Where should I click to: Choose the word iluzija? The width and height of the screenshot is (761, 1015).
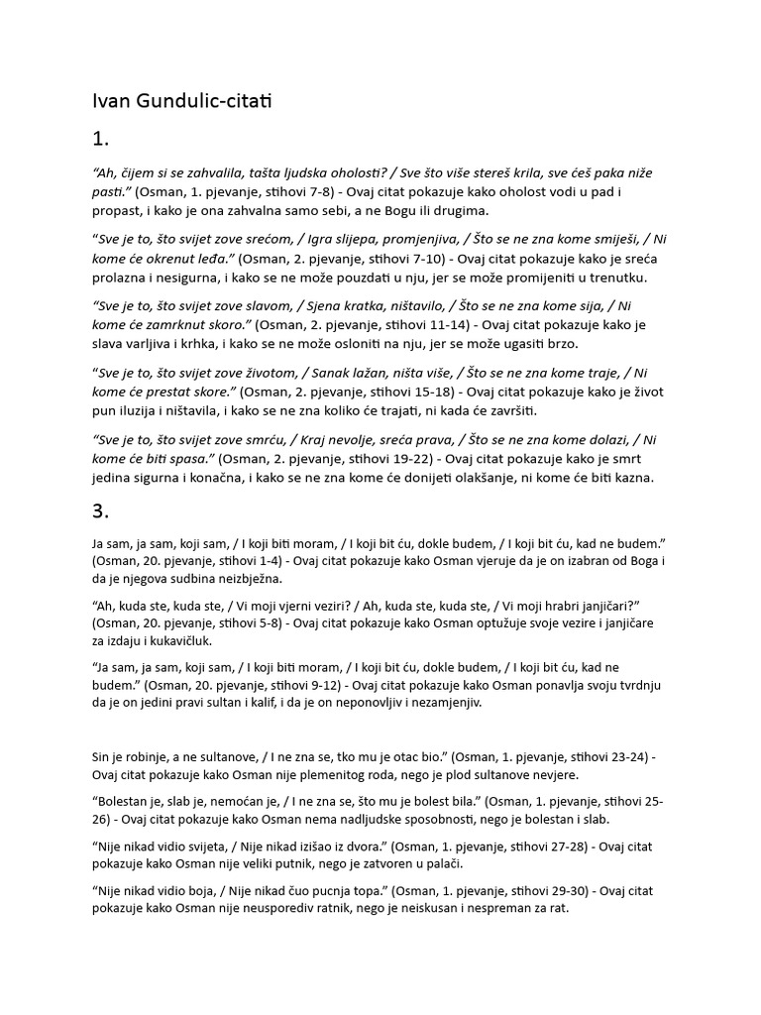coord(152,410)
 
